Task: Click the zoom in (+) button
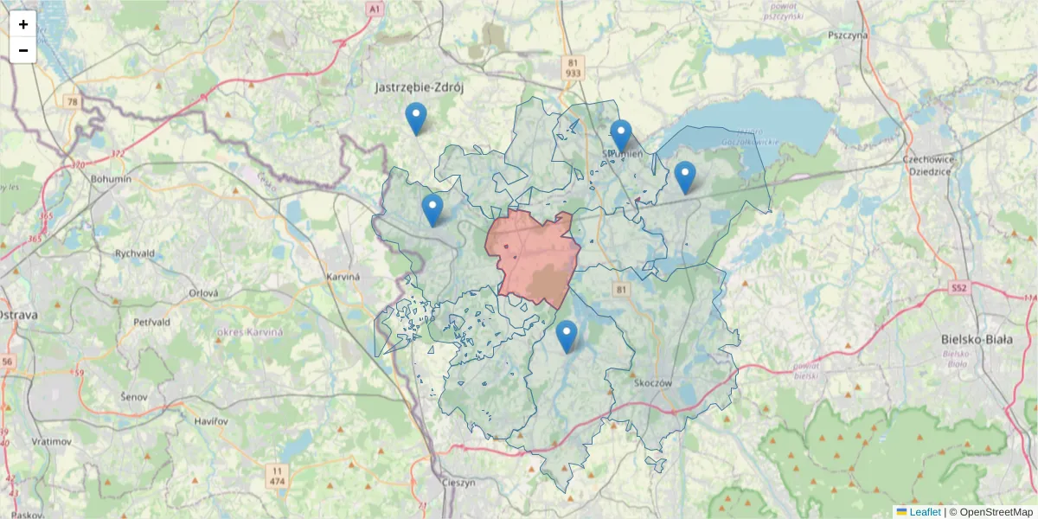pyautogui.click(x=23, y=24)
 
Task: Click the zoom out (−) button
pyautogui.click(x=23, y=50)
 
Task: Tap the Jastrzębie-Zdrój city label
pyautogui.click(x=420, y=87)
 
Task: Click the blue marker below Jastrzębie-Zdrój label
pyautogui.click(x=416, y=119)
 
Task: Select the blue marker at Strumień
pyautogui.click(x=620, y=136)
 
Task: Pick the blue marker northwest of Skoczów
pyautogui.click(x=567, y=336)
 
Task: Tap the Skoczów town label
pyautogui.click(x=653, y=382)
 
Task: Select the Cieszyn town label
pyautogui.click(x=458, y=483)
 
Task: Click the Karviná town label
pyautogui.click(x=343, y=276)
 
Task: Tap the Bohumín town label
pyautogui.click(x=111, y=179)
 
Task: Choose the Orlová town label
pyautogui.click(x=204, y=293)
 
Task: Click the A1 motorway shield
pyautogui.click(x=374, y=9)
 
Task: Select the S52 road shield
pyautogui.click(x=958, y=287)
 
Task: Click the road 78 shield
pyautogui.click(x=72, y=102)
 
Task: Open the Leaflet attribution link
pyautogui.click(x=925, y=512)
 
